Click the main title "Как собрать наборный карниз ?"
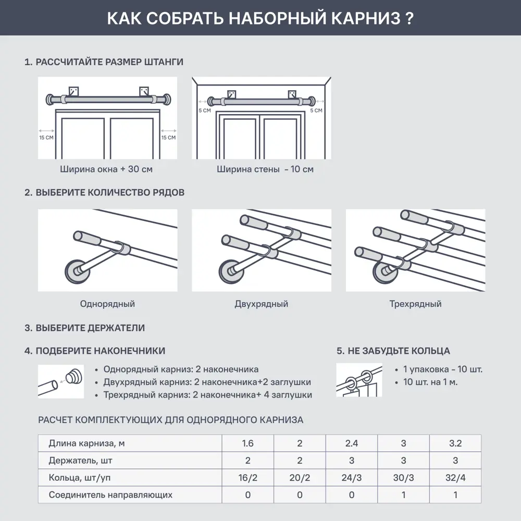260,18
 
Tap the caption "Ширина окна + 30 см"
106,169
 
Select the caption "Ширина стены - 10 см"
265,169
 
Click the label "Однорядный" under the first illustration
107,304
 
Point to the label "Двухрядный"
261,304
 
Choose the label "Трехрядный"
415,304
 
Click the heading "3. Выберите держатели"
84,328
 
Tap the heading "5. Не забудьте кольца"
393,351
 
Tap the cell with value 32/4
455,478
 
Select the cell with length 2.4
352,444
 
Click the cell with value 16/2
247,478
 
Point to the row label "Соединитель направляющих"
110,495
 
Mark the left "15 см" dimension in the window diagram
46,138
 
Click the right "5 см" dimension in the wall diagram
316,110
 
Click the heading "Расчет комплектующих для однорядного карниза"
171,420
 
